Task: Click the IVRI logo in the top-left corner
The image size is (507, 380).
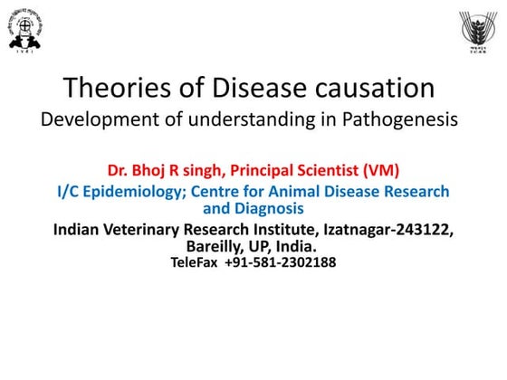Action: click(28, 30)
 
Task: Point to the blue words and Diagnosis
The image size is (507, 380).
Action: click(253, 207)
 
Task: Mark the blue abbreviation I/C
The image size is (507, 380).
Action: click(71, 191)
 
